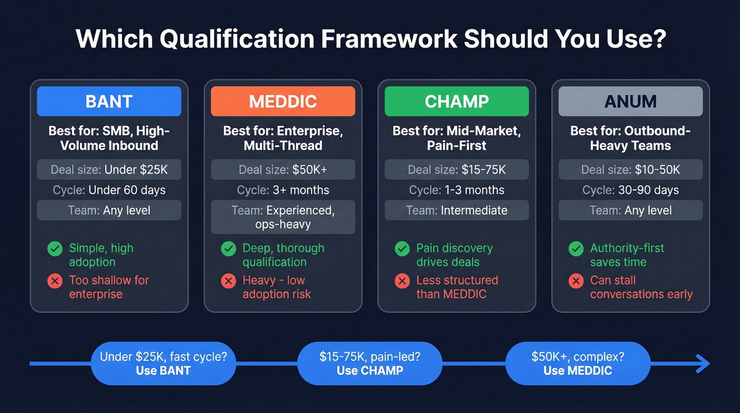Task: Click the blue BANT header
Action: click(x=109, y=101)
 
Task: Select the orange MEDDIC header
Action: click(x=283, y=101)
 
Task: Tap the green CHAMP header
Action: click(x=457, y=101)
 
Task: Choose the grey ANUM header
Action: click(x=631, y=101)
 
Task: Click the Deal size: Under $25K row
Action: click(x=109, y=170)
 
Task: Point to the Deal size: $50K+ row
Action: click(x=283, y=170)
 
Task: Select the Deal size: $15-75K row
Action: click(x=457, y=170)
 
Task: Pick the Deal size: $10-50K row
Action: click(x=631, y=170)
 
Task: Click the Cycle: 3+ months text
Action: click(x=283, y=190)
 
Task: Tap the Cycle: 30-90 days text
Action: click(x=631, y=190)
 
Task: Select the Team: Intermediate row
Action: click(x=457, y=210)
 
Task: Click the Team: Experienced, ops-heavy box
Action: click(x=283, y=217)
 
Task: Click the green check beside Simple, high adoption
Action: click(x=55, y=249)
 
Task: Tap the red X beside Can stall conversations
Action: click(x=576, y=281)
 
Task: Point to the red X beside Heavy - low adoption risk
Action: click(x=228, y=281)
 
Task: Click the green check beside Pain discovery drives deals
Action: click(x=402, y=249)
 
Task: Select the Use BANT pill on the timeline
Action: click(x=163, y=363)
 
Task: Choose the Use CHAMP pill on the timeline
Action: click(x=369, y=363)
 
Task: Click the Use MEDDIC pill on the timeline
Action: click(x=577, y=363)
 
